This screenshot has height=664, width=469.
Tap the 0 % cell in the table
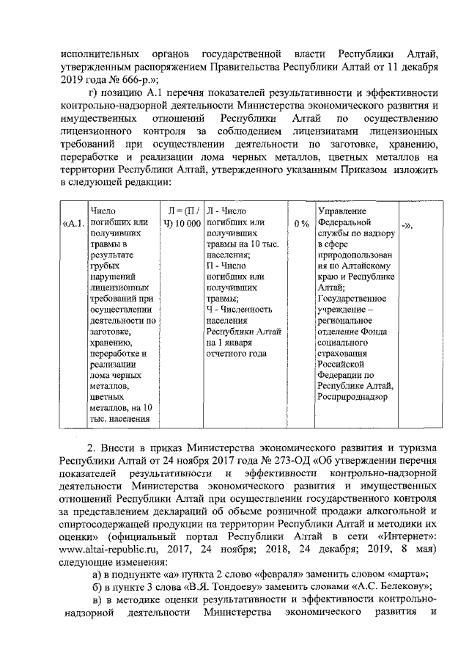tap(300, 222)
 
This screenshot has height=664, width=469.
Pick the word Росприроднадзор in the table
tap(352, 397)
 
